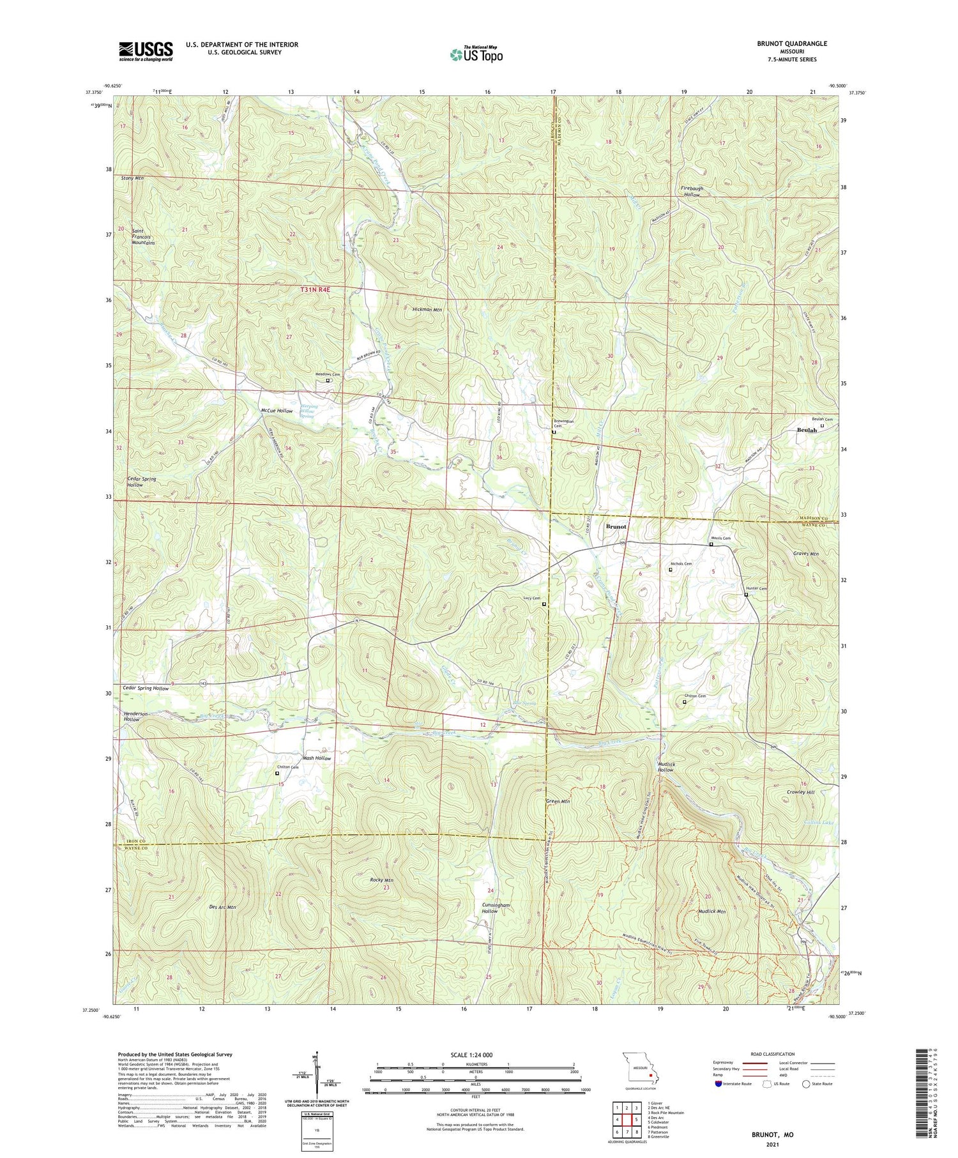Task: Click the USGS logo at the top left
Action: (x=145, y=51)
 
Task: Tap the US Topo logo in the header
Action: (x=476, y=55)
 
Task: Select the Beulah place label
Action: (x=807, y=430)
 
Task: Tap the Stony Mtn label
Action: (x=132, y=178)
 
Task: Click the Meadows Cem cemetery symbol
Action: (x=328, y=381)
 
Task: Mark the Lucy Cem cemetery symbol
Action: (x=544, y=604)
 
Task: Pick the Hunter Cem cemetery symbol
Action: (x=746, y=595)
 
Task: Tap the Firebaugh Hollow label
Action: (x=690, y=192)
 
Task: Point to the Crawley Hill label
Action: (x=801, y=792)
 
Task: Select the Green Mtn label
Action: (x=558, y=801)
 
